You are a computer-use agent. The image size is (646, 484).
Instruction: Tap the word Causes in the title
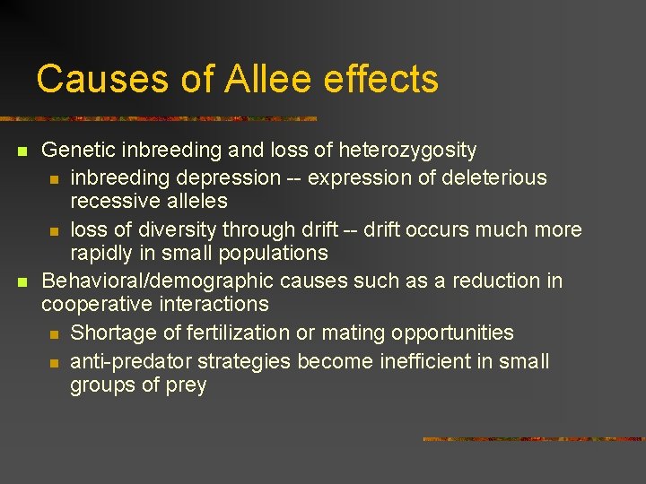pos(101,79)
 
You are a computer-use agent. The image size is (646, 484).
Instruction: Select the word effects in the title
pos(383,79)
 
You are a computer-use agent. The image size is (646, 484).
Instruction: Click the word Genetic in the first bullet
pos(76,151)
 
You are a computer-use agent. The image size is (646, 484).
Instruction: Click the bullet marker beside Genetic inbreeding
pos(22,151)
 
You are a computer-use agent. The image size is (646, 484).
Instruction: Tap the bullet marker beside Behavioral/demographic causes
pos(22,281)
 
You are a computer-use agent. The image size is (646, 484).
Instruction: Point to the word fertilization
pos(232,333)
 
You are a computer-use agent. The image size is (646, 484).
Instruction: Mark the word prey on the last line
pos(187,386)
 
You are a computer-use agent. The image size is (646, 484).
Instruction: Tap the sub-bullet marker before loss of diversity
pos(54,230)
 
